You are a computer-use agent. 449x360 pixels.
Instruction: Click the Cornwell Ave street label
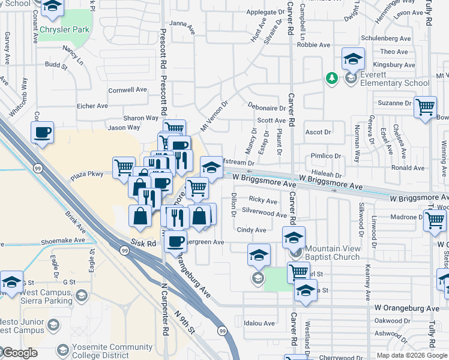tap(127, 90)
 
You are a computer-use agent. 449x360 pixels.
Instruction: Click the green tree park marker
tap(331, 78)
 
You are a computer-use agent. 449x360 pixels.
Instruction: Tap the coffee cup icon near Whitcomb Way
tap(42, 132)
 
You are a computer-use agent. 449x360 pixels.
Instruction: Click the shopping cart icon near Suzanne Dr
tap(425, 107)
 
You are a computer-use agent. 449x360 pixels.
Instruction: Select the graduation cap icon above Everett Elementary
tap(354, 59)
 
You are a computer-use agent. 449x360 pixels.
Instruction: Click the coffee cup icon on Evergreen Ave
tap(175, 241)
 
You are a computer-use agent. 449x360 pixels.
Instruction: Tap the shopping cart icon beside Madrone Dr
tap(435, 220)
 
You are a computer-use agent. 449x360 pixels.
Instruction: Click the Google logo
tap(19, 353)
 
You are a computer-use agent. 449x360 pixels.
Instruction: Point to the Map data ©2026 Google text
tap(411, 355)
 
